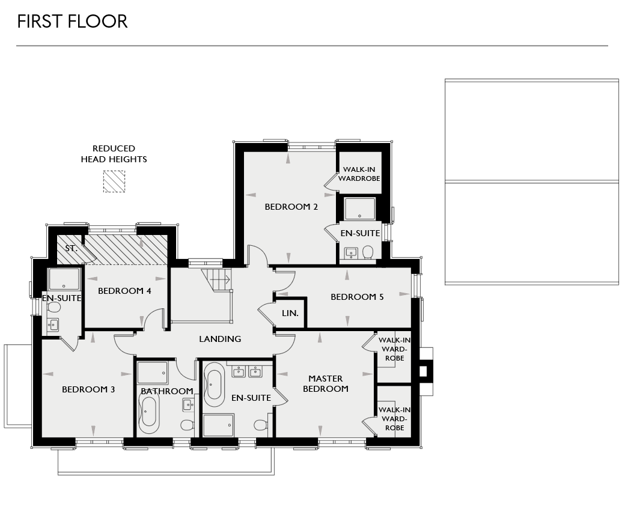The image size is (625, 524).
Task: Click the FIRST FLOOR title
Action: pos(72,22)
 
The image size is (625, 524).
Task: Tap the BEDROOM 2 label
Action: pos(291,207)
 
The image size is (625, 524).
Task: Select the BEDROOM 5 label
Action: pos(357,297)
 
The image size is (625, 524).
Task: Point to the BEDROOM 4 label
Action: pos(124,291)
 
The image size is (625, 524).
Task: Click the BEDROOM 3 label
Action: pos(88,389)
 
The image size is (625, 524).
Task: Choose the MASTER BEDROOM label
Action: pos(325,383)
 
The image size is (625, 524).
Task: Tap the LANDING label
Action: pos(220,339)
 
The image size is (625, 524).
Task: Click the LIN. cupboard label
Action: pos(290,313)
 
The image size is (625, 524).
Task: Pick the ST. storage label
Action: pos(72,248)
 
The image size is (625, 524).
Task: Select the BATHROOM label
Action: pos(167,391)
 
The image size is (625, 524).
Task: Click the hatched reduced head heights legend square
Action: pos(114,181)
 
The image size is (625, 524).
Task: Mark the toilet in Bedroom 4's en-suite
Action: pos(54,307)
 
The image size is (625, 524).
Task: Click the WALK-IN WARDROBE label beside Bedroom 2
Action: pos(358,174)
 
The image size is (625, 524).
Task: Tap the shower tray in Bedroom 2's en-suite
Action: pos(359,209)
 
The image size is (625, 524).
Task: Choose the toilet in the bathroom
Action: pos(187,425)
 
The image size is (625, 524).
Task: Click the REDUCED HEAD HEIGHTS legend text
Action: pos(114,154)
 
